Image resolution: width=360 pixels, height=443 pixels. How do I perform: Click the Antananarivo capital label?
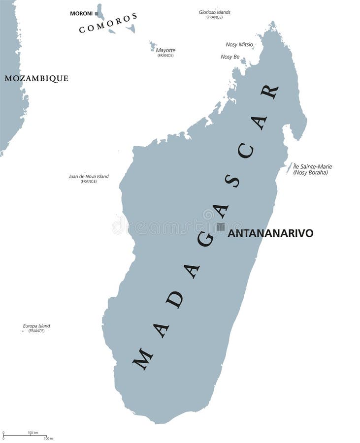(270, 233)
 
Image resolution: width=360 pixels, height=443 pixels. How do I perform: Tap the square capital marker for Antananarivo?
(221, 226)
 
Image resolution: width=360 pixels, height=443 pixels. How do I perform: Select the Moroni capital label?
(81, 13)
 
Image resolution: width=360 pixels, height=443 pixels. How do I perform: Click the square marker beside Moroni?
(97, 13)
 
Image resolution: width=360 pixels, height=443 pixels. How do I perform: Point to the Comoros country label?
(108, 23)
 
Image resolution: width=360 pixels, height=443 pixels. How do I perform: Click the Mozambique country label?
(36, 78)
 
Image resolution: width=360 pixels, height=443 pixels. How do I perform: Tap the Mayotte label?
(165, 50)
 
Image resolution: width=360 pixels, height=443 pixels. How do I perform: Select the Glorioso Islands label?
(214, 12)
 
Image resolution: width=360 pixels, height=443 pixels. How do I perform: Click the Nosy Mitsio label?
(239, 45)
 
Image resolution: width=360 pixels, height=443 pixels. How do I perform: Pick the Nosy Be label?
(230, 57)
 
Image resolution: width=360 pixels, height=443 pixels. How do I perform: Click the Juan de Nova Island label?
(89, 176)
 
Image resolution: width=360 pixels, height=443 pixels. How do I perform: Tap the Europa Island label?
(36, 326)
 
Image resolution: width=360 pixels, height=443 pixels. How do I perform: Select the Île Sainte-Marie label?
(312, 166)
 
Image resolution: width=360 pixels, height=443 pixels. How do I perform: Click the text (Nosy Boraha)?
(310, 173)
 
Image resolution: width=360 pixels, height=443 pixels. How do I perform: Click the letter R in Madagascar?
(269, 91)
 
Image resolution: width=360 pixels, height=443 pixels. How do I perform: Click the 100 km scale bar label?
(33, 433)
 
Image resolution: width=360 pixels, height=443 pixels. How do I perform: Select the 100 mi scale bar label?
(48, 438)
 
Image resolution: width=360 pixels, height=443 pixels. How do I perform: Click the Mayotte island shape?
(153, 46)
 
